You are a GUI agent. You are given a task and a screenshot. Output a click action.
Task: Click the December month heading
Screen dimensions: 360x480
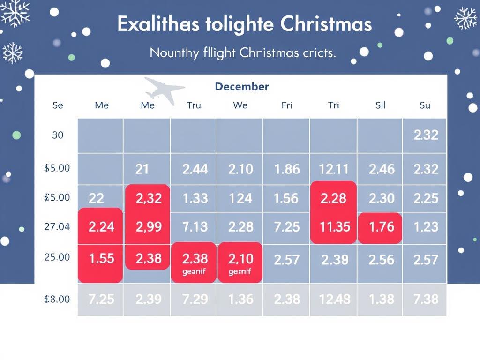coord(241,87)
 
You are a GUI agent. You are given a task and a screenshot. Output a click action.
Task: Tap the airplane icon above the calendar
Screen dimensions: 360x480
coord(164,90)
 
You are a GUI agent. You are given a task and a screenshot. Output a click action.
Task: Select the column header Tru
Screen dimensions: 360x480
coord(194,105)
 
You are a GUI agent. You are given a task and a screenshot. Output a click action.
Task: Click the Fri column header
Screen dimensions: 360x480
coord(286,105)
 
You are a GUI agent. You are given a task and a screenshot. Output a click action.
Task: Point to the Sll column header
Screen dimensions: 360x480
coord(380,105)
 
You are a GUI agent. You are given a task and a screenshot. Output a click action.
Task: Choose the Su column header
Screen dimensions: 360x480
coord(425,105)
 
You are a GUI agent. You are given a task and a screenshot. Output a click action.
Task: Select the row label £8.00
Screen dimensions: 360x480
coord(57,299)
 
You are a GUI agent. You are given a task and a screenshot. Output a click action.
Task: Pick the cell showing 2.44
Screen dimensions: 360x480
coord(195,169)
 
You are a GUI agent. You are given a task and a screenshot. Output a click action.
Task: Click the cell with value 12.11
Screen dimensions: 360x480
coord(333,169)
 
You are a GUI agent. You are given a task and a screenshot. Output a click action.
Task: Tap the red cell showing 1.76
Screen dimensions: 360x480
coord(381,227)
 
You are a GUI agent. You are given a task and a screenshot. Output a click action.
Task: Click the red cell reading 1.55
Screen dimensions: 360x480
coord(101,258)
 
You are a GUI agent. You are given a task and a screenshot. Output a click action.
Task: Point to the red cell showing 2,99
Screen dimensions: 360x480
coord(149,227)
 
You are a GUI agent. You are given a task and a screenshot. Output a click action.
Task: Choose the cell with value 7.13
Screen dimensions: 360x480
coord(195,227)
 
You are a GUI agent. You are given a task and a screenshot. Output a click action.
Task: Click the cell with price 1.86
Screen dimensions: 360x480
coord(286,169)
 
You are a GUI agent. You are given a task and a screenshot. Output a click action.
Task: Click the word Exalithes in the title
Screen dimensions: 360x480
coord(157,24)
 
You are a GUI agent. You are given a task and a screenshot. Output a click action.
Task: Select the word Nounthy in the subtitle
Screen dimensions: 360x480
coord(174,53)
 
